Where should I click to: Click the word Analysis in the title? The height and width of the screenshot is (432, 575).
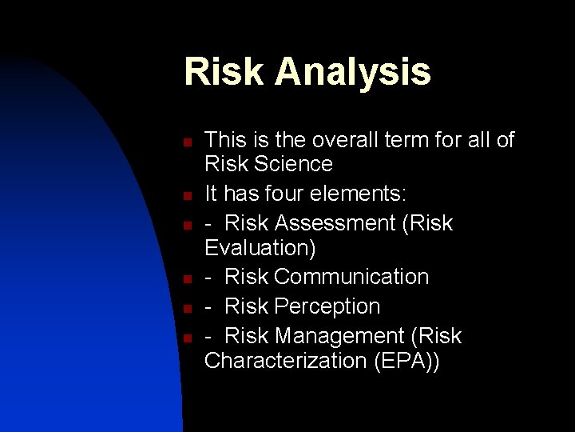click(x=352, y=71)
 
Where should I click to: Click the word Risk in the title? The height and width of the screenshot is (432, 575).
click(x=224, y=71)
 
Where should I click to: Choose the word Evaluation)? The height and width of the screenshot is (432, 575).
click(x=260, y=247)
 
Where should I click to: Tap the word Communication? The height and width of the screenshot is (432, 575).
click(x=351, y=277)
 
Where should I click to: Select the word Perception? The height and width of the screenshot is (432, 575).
click(x=327, y=306)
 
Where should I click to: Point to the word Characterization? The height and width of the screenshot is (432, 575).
click(x=285, y=360)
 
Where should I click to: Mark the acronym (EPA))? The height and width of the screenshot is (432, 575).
click(x=406, y=360)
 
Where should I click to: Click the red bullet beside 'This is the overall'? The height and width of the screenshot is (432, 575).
click(x=185, y=142)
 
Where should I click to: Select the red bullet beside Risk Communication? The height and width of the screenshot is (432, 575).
click(x=185, y=279)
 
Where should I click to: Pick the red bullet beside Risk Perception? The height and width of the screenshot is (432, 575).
click(x=185, y=309)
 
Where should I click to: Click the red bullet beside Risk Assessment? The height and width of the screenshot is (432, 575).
click(x=185, y=226)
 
